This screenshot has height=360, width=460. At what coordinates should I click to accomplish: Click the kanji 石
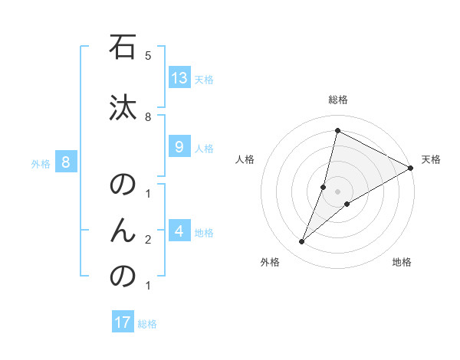(x=123, y=48)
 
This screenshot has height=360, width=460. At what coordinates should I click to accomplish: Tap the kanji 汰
(x=123, y=109)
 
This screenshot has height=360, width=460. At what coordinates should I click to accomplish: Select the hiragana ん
(x=123, y=230)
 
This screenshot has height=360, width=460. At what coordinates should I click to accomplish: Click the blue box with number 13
(x=179, y=78)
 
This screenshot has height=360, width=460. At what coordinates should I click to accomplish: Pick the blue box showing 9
(x=179, y=147)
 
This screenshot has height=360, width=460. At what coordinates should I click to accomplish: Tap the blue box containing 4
(x=179, y=231)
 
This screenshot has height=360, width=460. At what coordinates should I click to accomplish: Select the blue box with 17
(x=123, y=322)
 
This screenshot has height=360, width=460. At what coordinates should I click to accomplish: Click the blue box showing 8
(x=66, y=162)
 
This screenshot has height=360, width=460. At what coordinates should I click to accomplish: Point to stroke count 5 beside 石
(x=148, y=56)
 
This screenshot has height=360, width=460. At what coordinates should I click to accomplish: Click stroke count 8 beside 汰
(x=148, y=116)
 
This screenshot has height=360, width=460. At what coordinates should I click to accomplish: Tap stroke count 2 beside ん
(x=148, y=240)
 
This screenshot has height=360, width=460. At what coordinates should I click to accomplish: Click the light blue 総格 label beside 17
(x=147, y=324)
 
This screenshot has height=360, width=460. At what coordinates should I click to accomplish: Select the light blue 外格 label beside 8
(x=41, y=163)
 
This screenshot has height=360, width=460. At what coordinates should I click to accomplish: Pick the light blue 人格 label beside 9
(x=204, y=149)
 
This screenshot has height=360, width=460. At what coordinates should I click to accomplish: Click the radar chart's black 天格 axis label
(x=431, y=159)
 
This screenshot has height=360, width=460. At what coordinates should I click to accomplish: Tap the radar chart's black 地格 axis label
(x=402, y=262)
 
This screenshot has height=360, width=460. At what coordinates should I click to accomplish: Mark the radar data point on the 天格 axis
(x=411, y=168)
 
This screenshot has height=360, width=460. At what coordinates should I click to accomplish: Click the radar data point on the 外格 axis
(x=302, y=242)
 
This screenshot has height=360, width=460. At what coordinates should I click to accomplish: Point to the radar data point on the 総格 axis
(x=337, y=130)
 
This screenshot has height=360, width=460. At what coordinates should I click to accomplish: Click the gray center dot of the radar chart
(x=338, y=191)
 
